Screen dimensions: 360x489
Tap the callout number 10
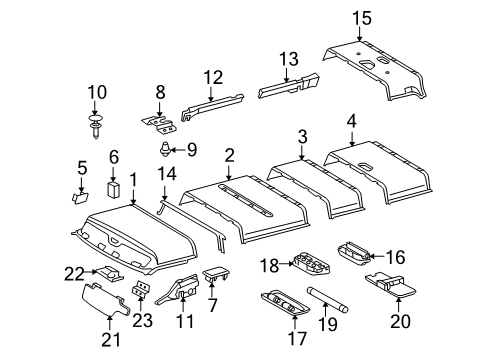click(x=96, y=93)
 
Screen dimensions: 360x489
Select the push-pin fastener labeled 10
click(x=95, y=126)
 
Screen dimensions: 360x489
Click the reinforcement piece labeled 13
click(x=287, y=87)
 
